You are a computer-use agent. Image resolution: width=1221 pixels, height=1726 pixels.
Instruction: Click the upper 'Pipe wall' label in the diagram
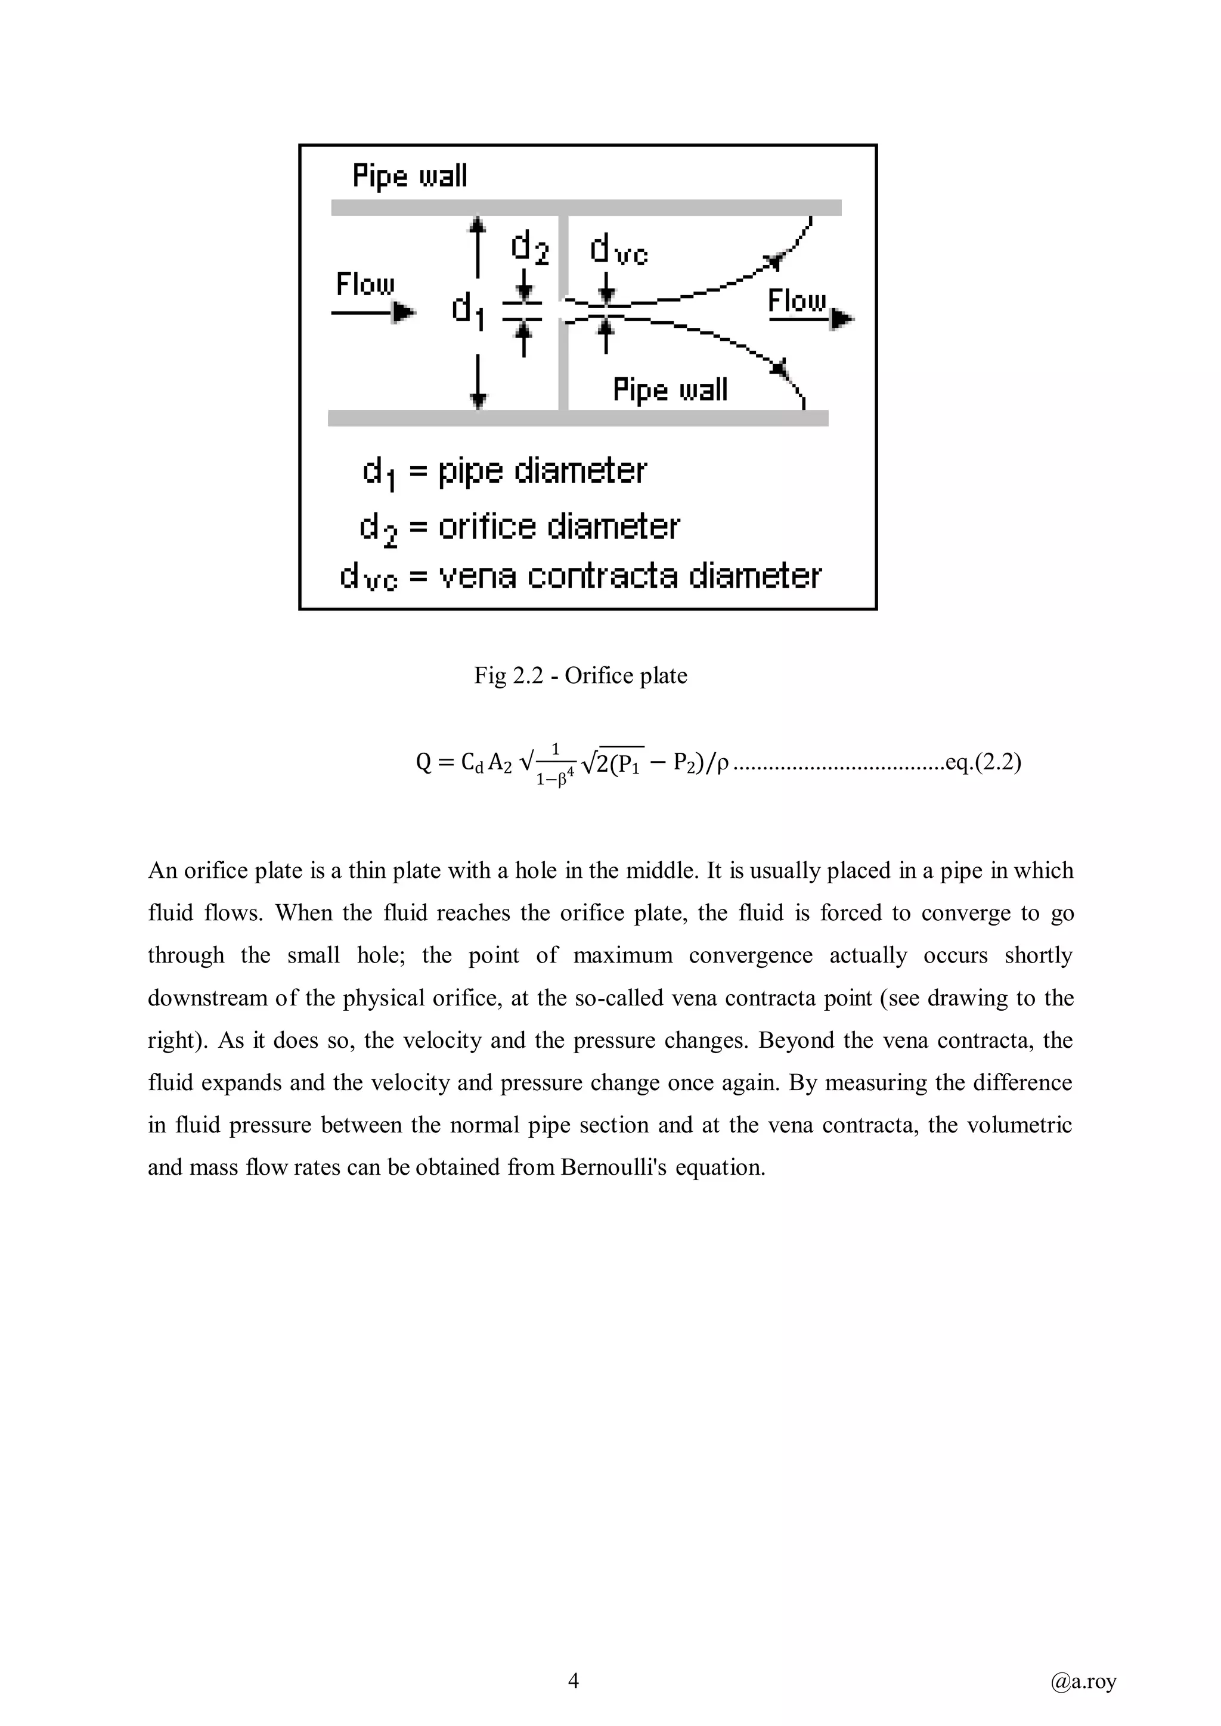pyautogui.click(x=410, y=176)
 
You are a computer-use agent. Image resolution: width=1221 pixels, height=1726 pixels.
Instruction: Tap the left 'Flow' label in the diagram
pyautogui.click(x=365, y=284)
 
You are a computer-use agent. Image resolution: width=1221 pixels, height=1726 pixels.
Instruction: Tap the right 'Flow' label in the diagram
pyautogui.click(x=797, y=301)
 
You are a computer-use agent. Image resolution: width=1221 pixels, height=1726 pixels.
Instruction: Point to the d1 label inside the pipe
pyautogui.click(x=467, y=310)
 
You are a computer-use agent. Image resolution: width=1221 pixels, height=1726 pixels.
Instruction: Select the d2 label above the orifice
pyautogui.click(x=530, y=247)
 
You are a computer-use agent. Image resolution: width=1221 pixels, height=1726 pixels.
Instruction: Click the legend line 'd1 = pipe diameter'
pyautogui.click(x=504, y=472)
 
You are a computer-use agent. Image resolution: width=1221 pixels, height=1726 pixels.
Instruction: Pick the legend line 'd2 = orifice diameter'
pyautogui.click(x=519, y=527)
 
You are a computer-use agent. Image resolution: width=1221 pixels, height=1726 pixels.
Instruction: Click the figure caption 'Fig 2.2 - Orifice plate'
pyautogui.click(x=581, y=675)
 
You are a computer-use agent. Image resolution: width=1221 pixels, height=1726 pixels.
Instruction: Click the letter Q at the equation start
pyautogui.click(x=423, y=763)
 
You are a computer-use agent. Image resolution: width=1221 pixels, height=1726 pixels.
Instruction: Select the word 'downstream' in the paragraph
pyautogui.click(x=202, y=998)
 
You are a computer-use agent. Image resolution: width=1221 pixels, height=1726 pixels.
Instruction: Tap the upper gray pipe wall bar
pyautogui.click(x=587, y=207)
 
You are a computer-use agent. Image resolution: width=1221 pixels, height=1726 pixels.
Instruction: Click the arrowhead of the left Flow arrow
pyautogui.click(x=404, y=311)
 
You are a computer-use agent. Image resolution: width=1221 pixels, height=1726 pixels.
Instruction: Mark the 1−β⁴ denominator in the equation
pyautogui.click(x=556, y=780)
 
